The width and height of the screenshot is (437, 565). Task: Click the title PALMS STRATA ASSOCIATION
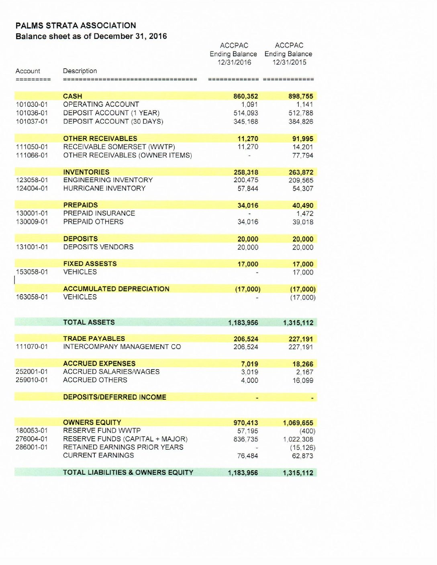(76, 25)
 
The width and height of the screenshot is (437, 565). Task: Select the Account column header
(28, 71)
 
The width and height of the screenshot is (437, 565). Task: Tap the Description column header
(80, 71)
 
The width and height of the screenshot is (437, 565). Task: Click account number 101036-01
(32, 113)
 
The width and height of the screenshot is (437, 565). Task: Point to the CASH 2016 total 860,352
(246, 96)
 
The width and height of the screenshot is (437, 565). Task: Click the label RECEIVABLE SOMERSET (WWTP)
(119, 147)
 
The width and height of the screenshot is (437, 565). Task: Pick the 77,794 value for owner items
(302, 155)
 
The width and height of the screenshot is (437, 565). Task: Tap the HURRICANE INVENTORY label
(104, 188)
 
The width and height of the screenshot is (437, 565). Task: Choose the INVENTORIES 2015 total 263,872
(301, 172)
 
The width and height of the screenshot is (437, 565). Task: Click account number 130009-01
(32, 222)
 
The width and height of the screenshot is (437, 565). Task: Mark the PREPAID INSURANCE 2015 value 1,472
(304, 213)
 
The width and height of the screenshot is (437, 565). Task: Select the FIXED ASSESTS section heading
(90, 264)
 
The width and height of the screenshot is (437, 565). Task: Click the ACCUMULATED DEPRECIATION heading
(116, 289)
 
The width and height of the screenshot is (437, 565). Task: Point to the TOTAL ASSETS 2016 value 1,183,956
(243, 323)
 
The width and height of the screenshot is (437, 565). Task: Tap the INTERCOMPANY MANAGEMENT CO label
(122, 347)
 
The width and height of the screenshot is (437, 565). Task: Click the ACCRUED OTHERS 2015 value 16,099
(302, 380)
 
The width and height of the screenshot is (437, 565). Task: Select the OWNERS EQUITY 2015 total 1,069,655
(298, 423)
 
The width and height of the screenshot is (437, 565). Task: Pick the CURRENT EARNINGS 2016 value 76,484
(247, 456)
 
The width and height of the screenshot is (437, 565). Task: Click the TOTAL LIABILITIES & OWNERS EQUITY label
(128, 473)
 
